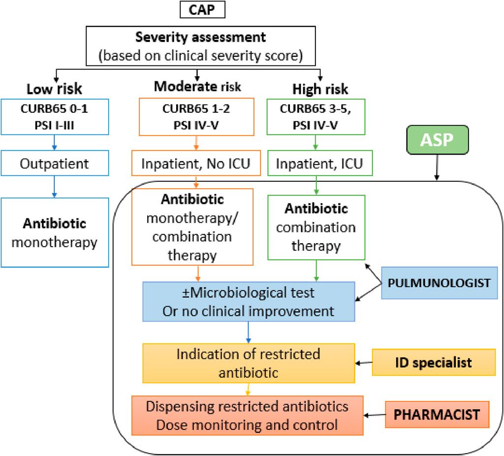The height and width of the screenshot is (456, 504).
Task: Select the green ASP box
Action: (437, 139)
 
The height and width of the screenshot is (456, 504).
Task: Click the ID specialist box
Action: (433, 363)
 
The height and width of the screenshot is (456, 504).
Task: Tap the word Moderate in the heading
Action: (185, 87)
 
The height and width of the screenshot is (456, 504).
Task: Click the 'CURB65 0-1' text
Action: (54, 109)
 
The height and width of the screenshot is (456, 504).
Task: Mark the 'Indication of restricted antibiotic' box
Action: (248, 363)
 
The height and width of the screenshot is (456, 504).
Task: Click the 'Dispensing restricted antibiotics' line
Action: (247, 407)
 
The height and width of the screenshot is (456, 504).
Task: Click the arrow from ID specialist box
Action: (364, 363)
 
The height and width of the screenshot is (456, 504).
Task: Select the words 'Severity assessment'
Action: (200, 37)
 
